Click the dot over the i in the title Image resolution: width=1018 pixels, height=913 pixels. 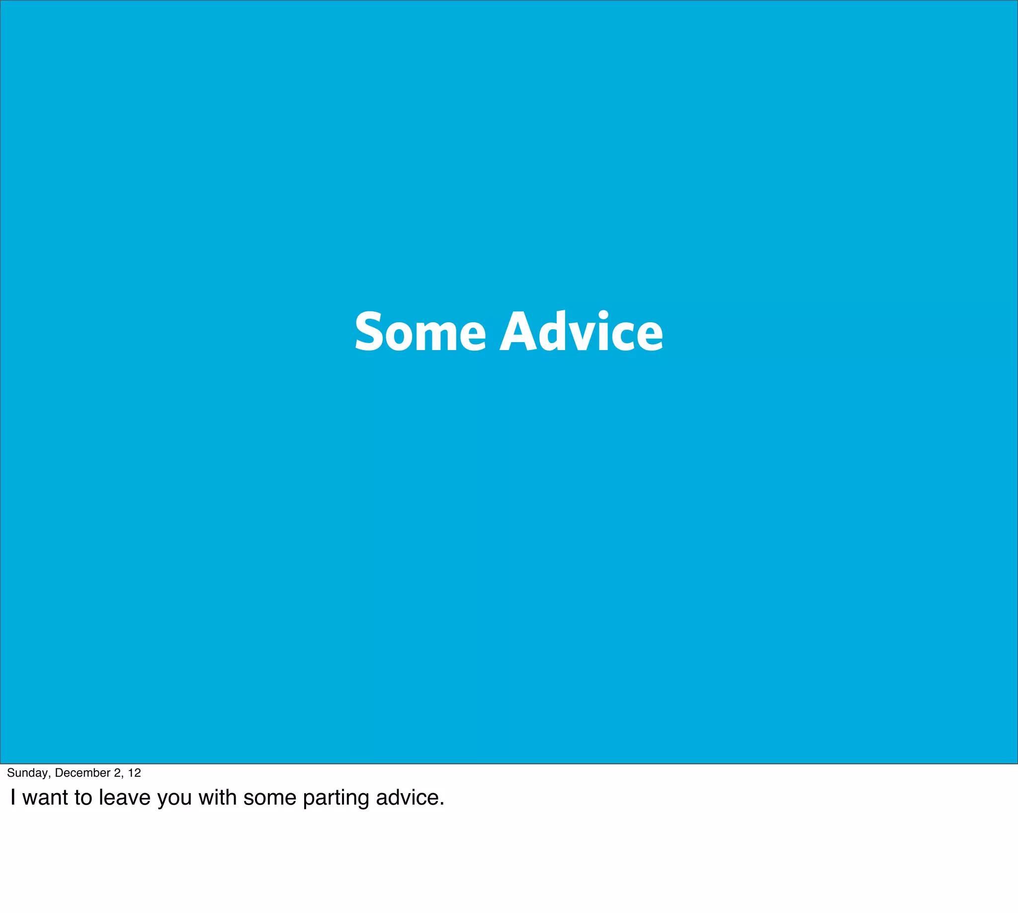click(603, 316)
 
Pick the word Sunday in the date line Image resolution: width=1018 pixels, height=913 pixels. click(27, 773)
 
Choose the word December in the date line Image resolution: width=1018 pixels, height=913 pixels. click(82, 773)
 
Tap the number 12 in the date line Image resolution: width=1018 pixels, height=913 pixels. click(134, 773)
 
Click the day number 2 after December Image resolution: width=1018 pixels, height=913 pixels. click(117, 773)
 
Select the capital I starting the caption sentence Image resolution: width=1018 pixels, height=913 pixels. click(13, 797)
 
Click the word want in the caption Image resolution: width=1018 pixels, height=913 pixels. click(45, 797)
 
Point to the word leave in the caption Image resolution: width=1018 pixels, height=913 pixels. click(124, 797)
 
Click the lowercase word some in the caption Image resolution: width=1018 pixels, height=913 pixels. click(270, 797)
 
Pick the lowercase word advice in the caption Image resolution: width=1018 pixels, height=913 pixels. click(406, 797)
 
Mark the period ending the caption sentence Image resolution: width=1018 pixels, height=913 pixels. click(442, 804)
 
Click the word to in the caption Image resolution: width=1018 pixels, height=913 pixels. click(83, 797)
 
